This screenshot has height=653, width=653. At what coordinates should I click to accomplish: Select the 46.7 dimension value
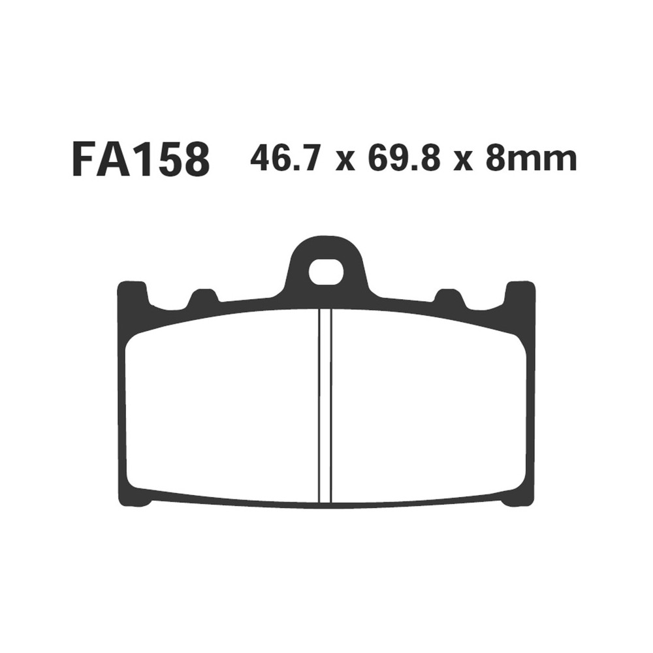283,159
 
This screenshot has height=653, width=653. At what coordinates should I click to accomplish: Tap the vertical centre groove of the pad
325,405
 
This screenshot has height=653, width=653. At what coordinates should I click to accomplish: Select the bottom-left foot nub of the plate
140,502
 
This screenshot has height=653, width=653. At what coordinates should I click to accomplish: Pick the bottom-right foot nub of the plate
512,502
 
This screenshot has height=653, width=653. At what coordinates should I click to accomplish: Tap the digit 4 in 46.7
261,159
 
